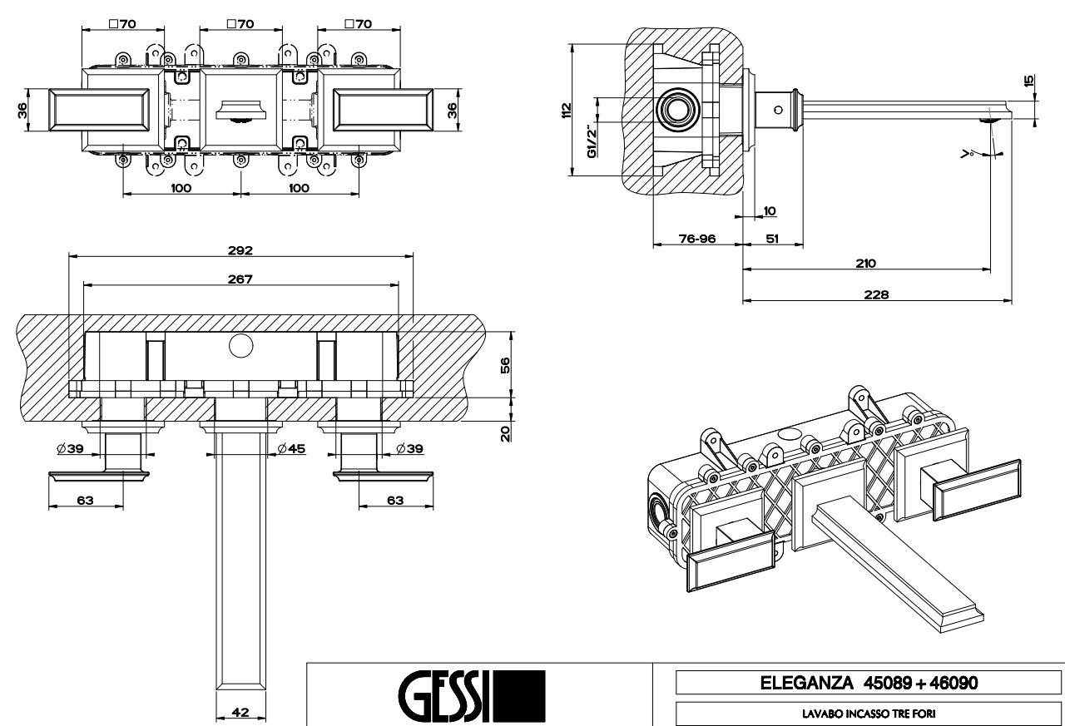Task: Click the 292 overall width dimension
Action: pos(240,249)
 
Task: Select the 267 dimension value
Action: pos(240,279)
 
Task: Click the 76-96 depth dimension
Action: pos(697,239)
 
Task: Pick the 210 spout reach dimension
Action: pos(865,264)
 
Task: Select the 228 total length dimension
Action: pos(876,294)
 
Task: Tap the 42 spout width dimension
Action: pos(240,712)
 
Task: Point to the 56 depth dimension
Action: pos(505,365)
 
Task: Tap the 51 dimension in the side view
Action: pos(772,239)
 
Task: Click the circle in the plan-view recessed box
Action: pos(240,345)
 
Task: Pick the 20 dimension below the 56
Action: pos(505,433)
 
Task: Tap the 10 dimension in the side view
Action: pos(768,211)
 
